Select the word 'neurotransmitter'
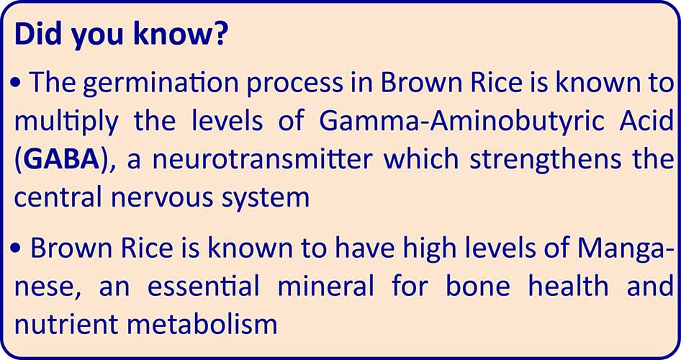262,160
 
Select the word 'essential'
203,286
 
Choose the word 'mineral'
325,286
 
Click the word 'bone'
478,286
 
